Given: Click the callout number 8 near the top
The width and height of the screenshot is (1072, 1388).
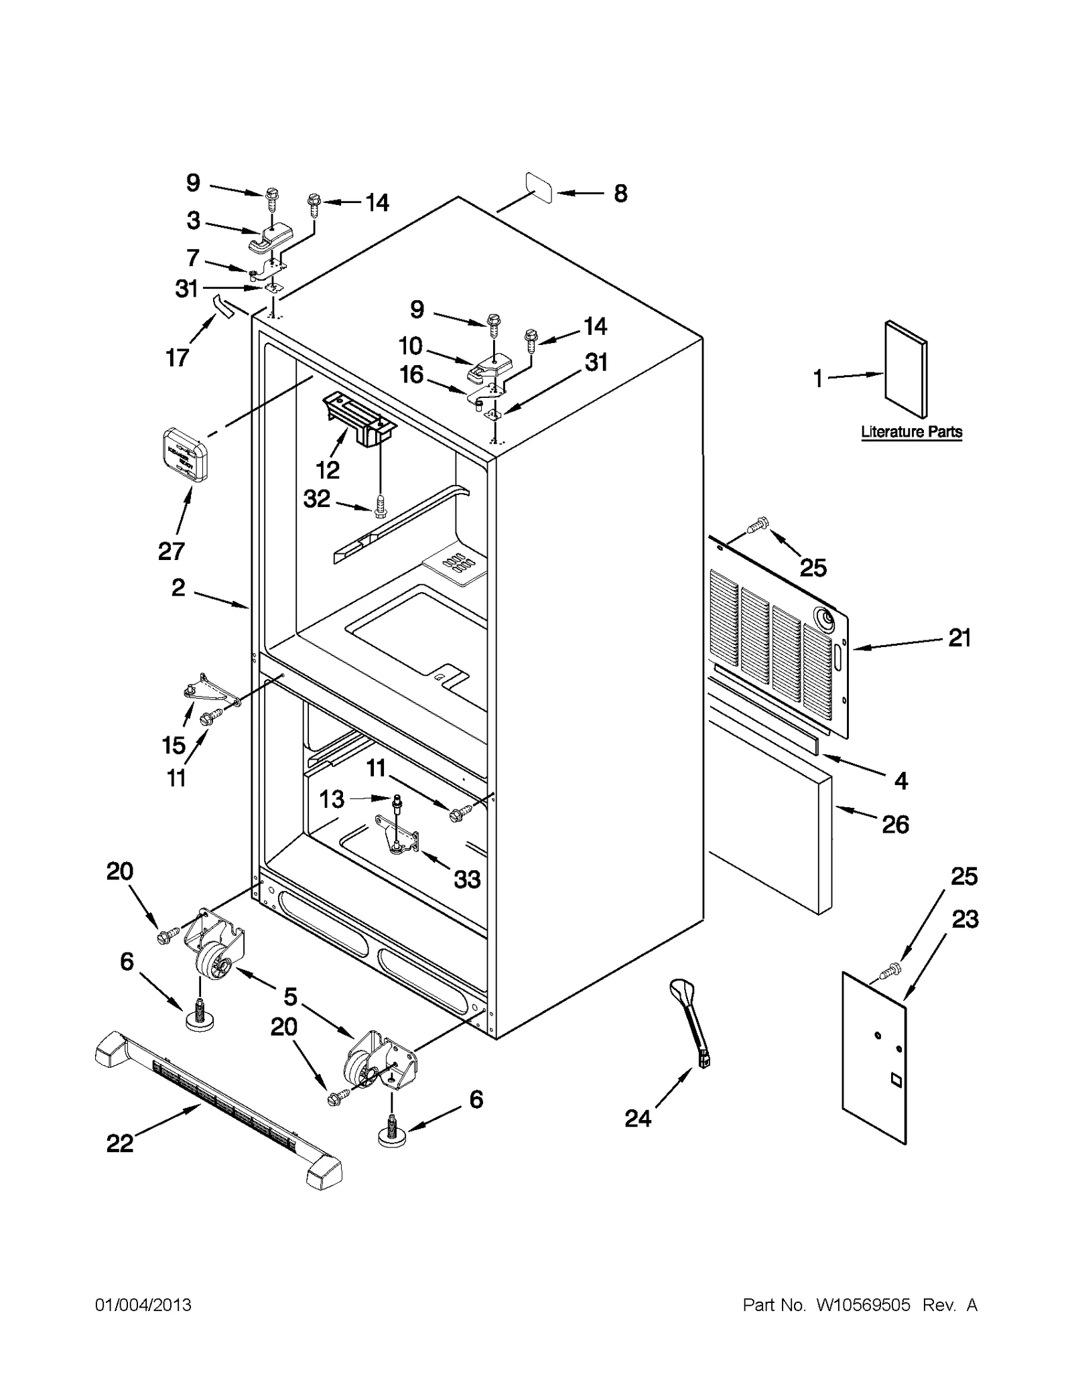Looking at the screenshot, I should [620, 194].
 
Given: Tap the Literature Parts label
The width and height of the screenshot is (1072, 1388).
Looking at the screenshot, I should [911, 432].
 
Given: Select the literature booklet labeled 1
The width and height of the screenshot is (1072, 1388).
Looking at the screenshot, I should [907, 369].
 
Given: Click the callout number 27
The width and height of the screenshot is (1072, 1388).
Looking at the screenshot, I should [172, 551].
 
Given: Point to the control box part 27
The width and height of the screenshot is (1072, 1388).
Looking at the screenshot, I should [185, 456].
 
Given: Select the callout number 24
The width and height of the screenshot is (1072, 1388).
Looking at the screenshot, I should [638, 1117].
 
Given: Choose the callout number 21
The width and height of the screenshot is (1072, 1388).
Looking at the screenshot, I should [959, 638].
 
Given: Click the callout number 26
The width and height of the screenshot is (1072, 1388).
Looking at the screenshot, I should [895, 824].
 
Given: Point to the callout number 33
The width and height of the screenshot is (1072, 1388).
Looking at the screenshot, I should [467, 878].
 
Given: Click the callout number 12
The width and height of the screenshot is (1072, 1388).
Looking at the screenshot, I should [328, 470].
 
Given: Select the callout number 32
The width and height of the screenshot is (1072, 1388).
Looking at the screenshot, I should [317, 498].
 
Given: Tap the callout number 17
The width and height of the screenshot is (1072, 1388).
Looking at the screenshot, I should [178, 358].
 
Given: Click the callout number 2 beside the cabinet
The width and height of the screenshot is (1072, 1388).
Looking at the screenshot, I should [178, 587].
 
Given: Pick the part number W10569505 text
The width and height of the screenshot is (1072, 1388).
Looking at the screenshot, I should [863, 1305].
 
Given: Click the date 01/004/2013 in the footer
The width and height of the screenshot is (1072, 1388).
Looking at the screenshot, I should [143, 1305].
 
